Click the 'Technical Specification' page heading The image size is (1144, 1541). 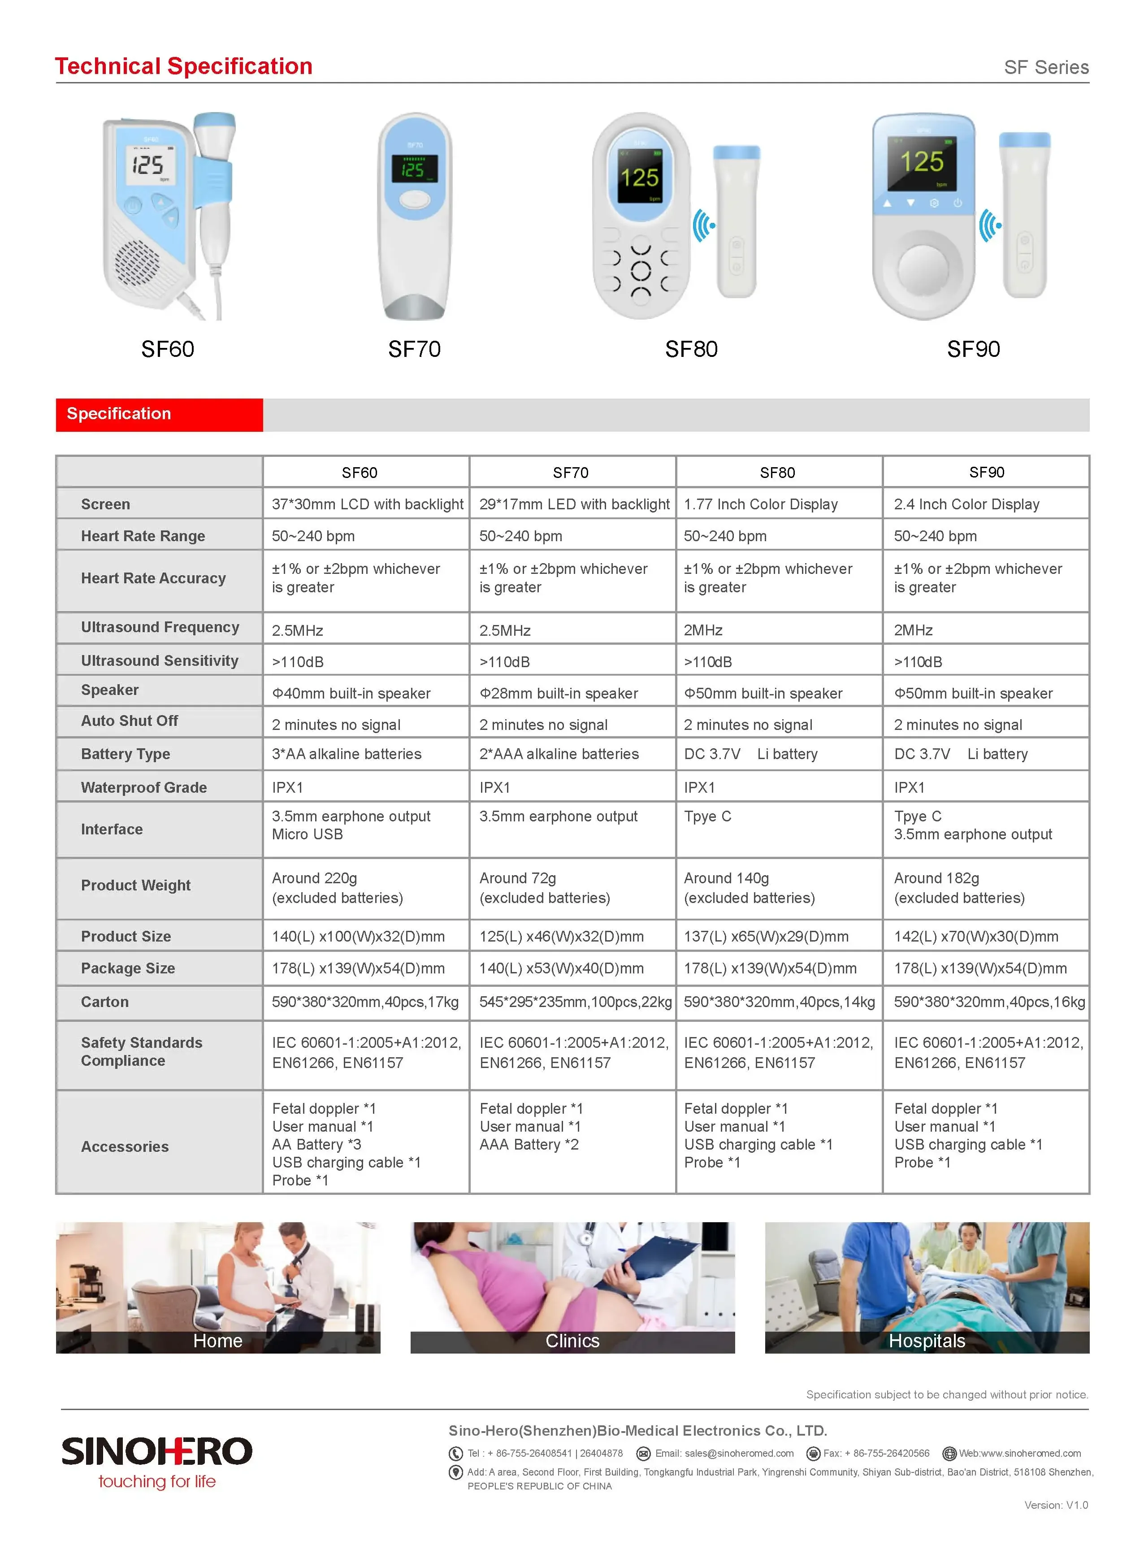(x=183, y=66)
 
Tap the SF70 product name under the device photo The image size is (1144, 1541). (x=414, y=349)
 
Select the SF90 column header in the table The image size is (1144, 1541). (x=986, y=472)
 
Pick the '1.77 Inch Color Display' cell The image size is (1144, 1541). (x=760, y=504)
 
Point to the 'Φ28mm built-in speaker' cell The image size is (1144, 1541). (x=558, y=693)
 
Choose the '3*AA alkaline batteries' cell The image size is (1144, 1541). (x=346, y=754)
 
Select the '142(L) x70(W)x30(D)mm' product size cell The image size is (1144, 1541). (x=976, y=936)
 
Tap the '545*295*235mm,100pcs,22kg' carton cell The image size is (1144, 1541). (x=575, y=1002)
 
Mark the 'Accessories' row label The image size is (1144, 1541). (x=125, y=1146)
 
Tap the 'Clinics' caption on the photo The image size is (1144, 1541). (x=572, y=1341)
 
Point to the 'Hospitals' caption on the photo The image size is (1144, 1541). (x=927, y=1341)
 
